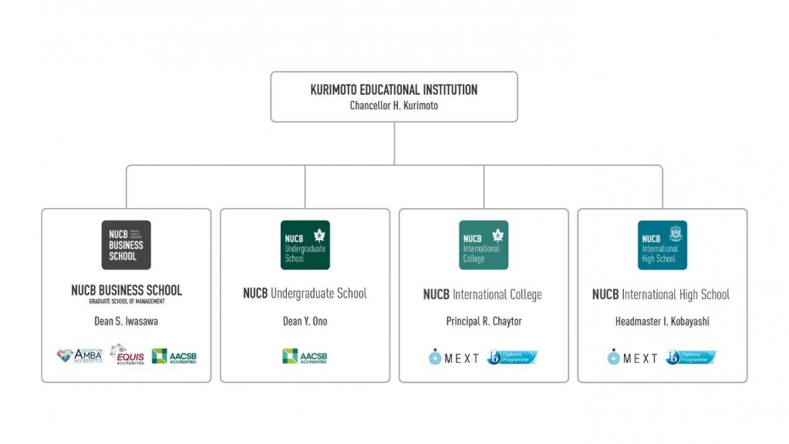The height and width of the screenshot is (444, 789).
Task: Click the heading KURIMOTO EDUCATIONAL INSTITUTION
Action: point(393,90)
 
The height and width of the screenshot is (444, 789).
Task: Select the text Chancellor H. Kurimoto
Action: point(393,106)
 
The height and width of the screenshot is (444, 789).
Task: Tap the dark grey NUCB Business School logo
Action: point(126,245)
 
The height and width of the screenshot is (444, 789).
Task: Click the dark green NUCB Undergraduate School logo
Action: point(305,245)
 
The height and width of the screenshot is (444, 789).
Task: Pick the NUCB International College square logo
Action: point(484,245)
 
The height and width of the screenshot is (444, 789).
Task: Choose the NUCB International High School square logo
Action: point(662,245)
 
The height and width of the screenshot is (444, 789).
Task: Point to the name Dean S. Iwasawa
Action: point(126,321)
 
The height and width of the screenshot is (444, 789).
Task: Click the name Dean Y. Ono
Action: point(305,321)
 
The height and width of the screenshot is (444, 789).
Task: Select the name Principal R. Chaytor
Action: point(484,321)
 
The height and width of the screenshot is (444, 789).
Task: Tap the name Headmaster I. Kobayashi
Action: point(662,321)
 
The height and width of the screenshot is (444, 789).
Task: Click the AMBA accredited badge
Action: point(79,356)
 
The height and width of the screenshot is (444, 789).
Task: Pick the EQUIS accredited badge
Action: point(127,355)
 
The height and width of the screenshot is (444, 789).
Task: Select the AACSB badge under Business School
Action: point(174,356)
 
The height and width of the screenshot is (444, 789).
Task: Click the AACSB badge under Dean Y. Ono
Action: point(305,356)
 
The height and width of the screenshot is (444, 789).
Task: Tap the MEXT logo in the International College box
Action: point(454,358)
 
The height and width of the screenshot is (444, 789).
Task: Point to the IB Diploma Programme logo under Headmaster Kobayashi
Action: point(690,358)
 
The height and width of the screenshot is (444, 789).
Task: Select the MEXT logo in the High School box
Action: point(632,358)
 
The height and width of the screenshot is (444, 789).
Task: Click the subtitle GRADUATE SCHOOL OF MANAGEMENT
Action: point(126,301)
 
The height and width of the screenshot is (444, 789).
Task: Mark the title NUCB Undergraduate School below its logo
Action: point(305,294)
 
